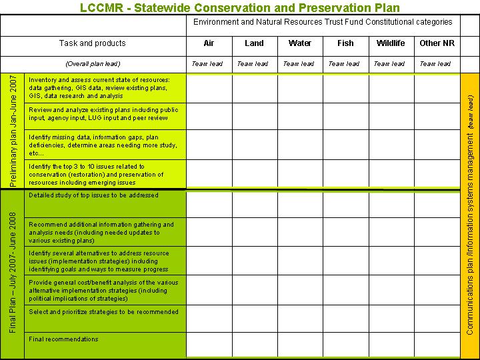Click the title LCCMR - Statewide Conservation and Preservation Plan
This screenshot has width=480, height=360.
[x=239, y=8]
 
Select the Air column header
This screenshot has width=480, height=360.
[x=209, y=43]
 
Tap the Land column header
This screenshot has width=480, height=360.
[x=254, y=43]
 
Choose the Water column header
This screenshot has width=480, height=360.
[x=300, y=43]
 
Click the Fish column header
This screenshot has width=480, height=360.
[x=345, y=43]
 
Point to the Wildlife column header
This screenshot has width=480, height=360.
[x=391, y=43]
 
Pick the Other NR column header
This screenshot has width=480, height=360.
[x=437, y=43]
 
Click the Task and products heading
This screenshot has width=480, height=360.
[x=92, y=43]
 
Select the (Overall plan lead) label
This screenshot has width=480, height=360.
[x=92, y=64]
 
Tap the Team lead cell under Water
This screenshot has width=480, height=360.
[x=299, y=64]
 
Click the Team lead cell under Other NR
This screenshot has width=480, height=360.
[x=436, y=64]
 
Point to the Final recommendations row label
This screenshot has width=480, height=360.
[x=63, y=339]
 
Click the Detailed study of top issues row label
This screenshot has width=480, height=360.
[x=93, y=195]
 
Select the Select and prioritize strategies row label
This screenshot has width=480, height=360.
[x=103, y=312]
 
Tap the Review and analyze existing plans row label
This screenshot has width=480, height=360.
[x=103, y=114]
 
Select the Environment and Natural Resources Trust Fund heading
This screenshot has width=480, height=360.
[x=323, y=22]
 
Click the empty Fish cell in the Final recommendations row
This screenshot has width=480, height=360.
[x=345, y=345]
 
